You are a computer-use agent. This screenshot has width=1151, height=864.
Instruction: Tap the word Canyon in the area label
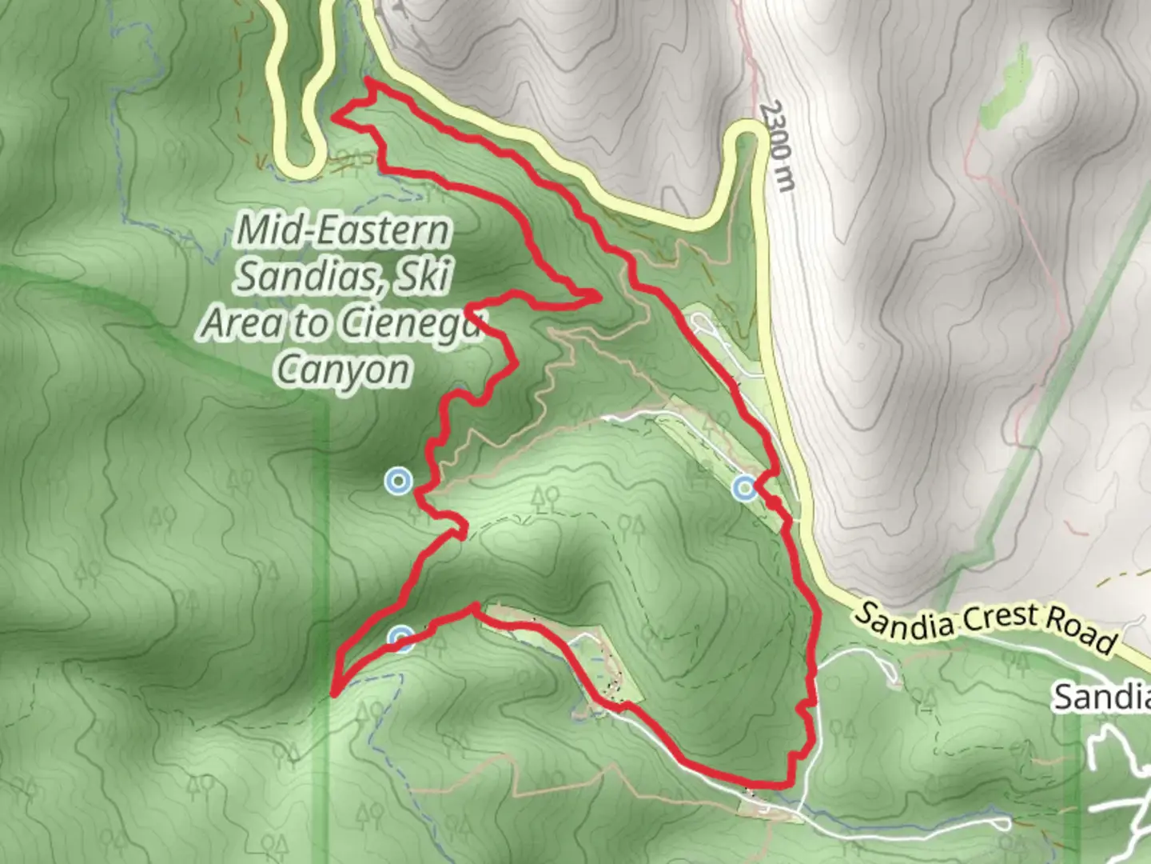(343, 370)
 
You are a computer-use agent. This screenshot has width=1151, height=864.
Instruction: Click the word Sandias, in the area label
(313, 277)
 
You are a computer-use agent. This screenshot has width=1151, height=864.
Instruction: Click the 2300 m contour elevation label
(778, 146)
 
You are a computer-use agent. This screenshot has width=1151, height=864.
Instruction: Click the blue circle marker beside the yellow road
(745, 486)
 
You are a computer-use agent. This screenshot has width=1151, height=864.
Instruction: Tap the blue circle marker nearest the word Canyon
(397, 482)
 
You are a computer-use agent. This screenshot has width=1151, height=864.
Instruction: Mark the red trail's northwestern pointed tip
(334, 118)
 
